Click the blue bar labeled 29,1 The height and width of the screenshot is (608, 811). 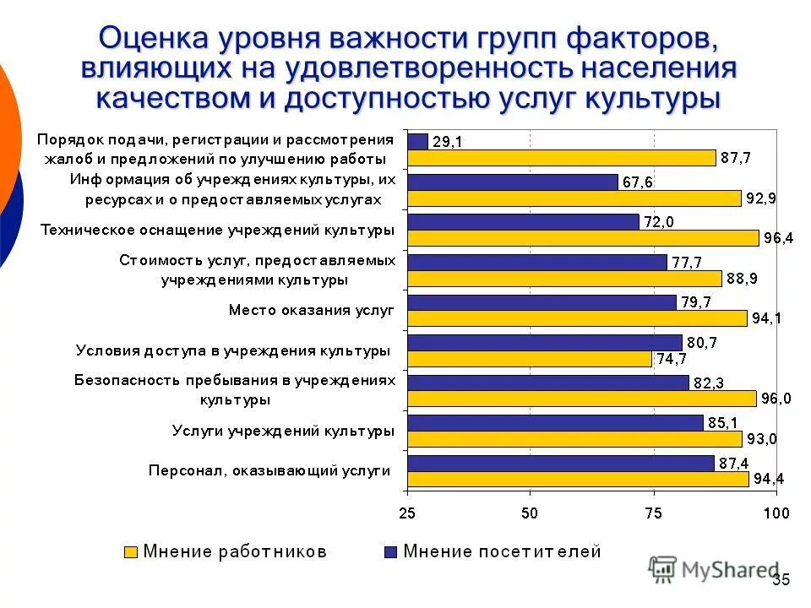pyautogui.click(x=417, y=141)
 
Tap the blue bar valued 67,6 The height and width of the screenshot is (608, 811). pyautogui.click(x=512, y=182)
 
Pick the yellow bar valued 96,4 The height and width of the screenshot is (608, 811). pyautogui.click(x=583, y=238)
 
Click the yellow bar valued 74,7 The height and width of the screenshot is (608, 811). pyautogui.click(x=530, y=359)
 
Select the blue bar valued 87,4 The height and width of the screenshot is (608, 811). pyautogui.click(x=560, y=463)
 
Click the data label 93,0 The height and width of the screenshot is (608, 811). pyautogui.click(x=764, y=439)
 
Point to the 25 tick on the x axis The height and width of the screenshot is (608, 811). pyautogui.click(x=407, y=513)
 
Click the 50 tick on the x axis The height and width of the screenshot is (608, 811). pyautogui.click(x=530, y=513)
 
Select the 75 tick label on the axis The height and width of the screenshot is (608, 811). pyautogui.click(x=653, y=513)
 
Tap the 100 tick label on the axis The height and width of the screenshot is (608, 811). pyautogui.click(x=776, y=513)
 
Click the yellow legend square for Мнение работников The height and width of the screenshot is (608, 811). pyautogui.click(x=131, y=552)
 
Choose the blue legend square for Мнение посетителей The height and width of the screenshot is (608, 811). pyautogui.click(x=389, y=552)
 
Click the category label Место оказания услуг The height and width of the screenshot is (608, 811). pyautogui.click(x=312, y=310)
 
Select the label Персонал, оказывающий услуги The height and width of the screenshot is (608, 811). pyautogui.click(x=269, y=470)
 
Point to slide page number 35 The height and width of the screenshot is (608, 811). pyautogui.click(x=781, y=579)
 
